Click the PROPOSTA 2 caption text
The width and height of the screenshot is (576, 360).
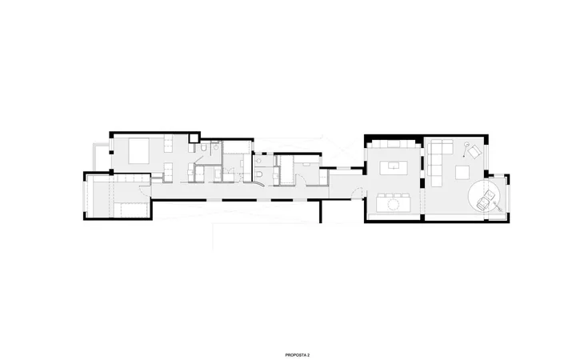(x=297, y=355)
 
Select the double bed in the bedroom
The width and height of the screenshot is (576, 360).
(x=139, y=150)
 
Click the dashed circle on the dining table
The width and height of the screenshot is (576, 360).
(x=394, y=204)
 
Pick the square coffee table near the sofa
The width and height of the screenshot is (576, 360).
(x=462, y=172)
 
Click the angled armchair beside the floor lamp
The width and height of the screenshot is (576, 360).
(x=474, y=151)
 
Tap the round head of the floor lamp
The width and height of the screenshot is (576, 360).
(x=466, y=144)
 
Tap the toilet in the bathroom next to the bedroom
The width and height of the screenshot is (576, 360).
(x=203, y=148)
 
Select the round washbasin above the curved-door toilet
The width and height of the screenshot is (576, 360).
(x=258, y=161)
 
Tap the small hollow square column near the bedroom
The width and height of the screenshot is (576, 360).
(x=194, y=138)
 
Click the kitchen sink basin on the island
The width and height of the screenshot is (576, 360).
(x=394, y=166)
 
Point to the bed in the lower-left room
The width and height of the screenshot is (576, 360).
(x=130, y=210)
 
